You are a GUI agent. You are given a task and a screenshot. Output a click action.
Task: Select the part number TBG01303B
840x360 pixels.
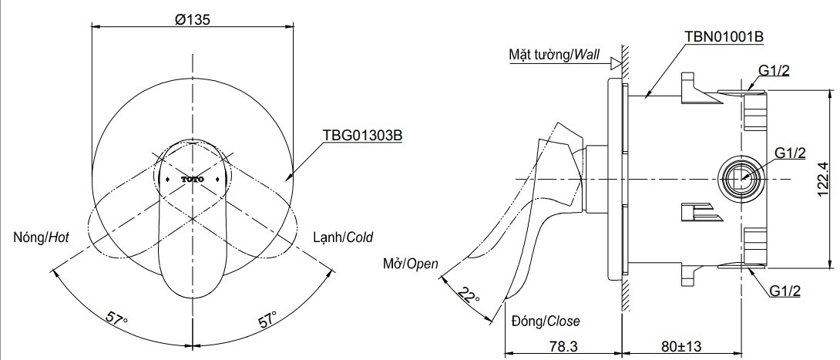361,134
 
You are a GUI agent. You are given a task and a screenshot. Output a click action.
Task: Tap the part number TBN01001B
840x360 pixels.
724,36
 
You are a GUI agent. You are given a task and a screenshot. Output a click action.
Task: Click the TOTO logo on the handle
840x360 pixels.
193,179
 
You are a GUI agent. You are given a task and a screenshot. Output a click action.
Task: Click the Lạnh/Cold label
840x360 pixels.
343,237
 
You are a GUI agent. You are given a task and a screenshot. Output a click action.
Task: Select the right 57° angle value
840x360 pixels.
268,318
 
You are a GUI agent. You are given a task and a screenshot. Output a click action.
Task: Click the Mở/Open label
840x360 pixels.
411,264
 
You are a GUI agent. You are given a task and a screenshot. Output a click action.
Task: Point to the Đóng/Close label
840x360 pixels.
545,321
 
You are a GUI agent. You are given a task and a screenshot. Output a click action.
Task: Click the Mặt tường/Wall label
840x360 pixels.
553,56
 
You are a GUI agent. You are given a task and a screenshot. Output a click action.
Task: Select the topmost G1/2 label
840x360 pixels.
774,71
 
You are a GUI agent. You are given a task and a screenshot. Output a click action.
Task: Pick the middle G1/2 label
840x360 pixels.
789,153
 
